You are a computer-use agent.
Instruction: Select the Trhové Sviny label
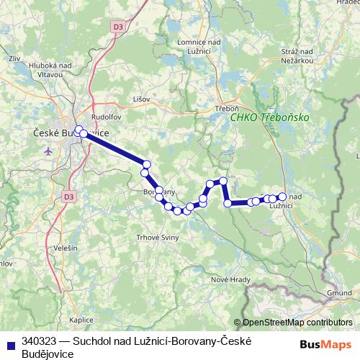point(156,237)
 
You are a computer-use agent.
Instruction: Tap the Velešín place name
point(65,248)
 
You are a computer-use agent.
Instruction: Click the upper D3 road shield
point(117,27)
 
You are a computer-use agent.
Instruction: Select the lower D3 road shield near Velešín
point(68,195)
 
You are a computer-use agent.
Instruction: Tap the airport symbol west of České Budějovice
point(48,151)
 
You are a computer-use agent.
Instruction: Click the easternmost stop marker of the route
point(282,197)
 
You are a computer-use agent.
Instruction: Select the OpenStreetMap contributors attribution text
point(297,323)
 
